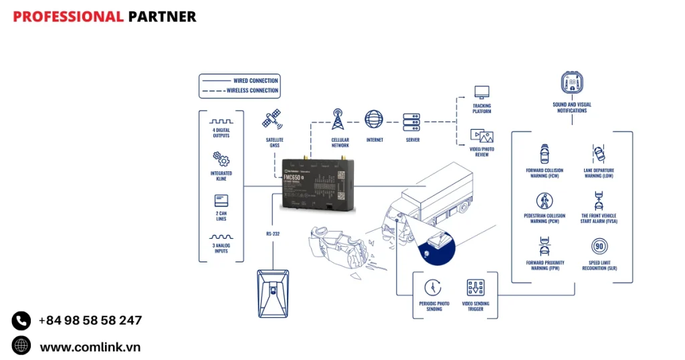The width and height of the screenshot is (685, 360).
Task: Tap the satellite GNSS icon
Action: click(272, 121)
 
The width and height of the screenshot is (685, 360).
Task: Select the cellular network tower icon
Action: click(338, 120)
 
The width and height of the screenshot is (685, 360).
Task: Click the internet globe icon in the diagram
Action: click(374, 120)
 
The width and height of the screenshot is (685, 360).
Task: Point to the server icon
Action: click(411, 120)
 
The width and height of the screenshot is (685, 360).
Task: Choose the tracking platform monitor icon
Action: click(482, 92)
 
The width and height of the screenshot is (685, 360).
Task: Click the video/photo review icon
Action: click(482, 137)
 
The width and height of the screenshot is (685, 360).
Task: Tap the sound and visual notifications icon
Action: click(571, 85)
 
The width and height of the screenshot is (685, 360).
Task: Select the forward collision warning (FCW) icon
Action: click(543, 154)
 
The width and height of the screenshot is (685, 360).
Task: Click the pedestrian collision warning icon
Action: click(543, 201)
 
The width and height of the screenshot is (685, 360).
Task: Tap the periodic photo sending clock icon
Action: click(433, 288)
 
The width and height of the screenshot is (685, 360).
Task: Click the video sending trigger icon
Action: click(475, 288)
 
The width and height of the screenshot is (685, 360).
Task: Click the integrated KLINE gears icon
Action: click(221, 159)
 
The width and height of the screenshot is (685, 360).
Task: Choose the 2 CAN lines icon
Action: click(221, 201)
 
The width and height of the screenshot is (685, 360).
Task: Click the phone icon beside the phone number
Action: click(21, 321)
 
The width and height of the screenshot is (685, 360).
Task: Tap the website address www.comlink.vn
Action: click(90, 347)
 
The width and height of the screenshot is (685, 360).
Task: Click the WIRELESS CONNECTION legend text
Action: click(252, 90)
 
